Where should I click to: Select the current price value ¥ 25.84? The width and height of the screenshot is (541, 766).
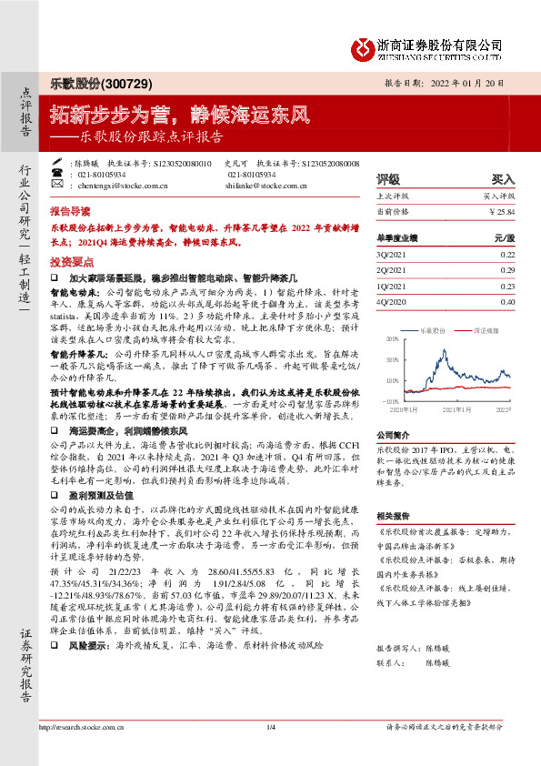pos(502,212)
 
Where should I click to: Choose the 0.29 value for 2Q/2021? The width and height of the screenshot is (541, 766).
pos(506,270)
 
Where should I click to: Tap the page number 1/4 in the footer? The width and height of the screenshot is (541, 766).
pos(270,751)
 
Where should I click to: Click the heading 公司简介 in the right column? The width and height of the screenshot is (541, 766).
pos(395,436)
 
